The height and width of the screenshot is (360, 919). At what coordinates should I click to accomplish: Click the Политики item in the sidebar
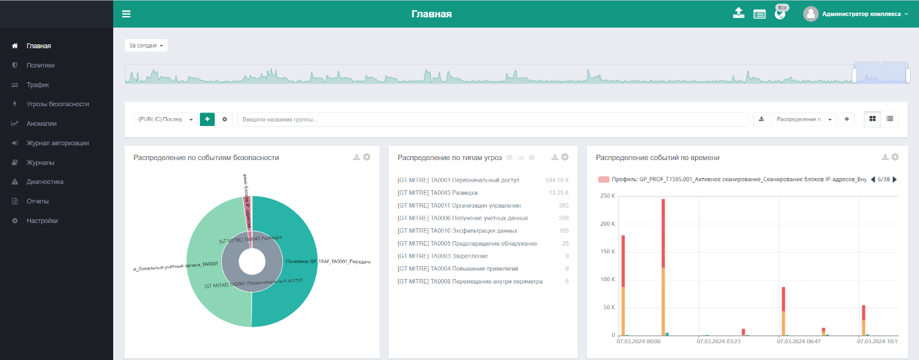pyautogui.click(x=41, y=66)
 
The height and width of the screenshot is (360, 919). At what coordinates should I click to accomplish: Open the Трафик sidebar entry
pyautogui.click(x=37, y=85)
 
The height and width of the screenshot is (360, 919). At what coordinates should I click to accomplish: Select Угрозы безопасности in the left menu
pyautogui.click(x=57, y=104)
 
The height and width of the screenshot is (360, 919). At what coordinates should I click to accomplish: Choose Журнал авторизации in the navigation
pyautogui.click(x=57, y=143)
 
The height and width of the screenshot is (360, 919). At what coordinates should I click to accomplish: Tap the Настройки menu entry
pyautogui.click(x=42, y=221)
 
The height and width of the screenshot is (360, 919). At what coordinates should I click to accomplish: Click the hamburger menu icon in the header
pyautogui.click(x=126, y=14)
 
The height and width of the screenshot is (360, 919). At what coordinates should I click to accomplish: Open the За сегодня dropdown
pyautogui.click(x=146, y=46)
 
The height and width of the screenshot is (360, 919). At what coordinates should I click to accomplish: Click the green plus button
pyautogui.click(x=207, y=119)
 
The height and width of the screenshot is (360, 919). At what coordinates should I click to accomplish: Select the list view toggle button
pyautogui.click(x=890, y=119)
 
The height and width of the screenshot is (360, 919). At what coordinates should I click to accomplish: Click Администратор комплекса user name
pyautogui.click(x=861, y=14)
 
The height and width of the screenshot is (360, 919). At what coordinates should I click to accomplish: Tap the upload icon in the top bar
pyautogui.click(x=738, y=13)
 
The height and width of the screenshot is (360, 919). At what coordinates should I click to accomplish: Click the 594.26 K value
pyautogui.click(x=556, y=180)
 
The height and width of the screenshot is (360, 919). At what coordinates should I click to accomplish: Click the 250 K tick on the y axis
pyautogui.click(x=607, y=195)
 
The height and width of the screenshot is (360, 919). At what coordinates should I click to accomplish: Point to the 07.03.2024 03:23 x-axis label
pyautogui.click(x=718, y=342)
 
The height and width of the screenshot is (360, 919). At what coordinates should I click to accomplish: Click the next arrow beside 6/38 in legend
pyautogui.click(x=895, y=180)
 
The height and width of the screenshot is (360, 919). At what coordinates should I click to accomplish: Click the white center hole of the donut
pyautogui.click(x=251, y=262)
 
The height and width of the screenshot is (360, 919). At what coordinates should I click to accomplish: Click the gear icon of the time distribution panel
pyautogui.click(x=895, y=157)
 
